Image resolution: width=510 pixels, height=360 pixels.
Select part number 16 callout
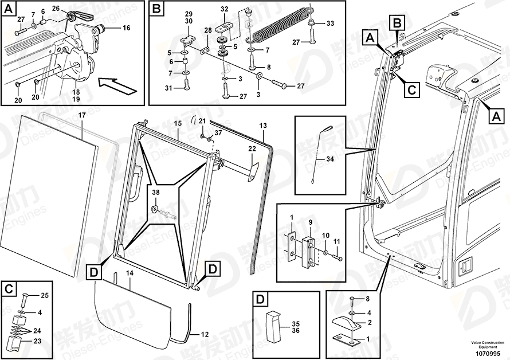click(x=126, y=28)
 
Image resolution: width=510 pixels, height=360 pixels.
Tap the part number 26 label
click(x=56, y=8)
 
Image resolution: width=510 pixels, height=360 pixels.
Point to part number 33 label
click(x=329, y=24)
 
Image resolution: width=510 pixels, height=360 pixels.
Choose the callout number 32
click(x=224, y=9)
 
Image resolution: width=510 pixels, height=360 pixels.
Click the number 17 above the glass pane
click(x=82, y=116)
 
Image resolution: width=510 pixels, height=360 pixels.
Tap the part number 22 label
click(x=252, y=149)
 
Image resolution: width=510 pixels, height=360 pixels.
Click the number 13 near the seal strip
click(x=263, y=126)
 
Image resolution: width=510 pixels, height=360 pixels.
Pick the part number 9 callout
click(x=309, y=222)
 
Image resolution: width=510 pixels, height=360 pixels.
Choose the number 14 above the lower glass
click(x=130, y=274)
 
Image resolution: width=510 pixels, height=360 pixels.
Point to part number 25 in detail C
click(x=45, y=295)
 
